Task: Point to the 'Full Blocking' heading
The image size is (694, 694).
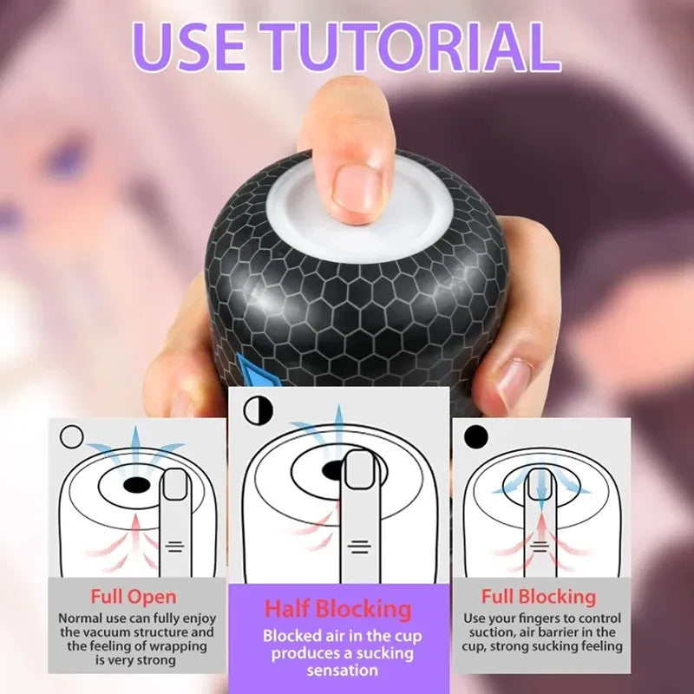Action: pyautogui.click(x=539, y=597)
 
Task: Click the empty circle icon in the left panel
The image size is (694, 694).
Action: pyautogui.click(x=72, y=435)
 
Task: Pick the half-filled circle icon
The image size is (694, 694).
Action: pyautogui.click(x=256, y=409)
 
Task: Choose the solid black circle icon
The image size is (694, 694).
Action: pyautogui.click(x=476, y=435)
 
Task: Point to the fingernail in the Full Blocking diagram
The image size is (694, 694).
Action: pyautogui.click(x=540, y=484)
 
